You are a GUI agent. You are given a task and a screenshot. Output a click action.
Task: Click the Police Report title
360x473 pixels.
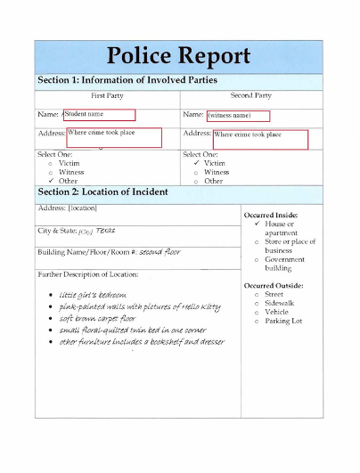[179, 56]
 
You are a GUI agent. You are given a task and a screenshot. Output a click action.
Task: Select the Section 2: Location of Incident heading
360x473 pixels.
[102, 192]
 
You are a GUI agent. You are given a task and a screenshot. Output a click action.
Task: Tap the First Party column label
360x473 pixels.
[107, 96]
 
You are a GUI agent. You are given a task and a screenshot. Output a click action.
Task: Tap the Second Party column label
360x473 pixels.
[250, 96]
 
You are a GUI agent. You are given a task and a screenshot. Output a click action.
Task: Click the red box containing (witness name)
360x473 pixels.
[238, 116]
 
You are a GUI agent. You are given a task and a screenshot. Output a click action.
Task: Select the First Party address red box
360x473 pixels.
[114, 137]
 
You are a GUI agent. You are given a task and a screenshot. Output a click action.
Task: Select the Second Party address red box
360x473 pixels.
[259, 139]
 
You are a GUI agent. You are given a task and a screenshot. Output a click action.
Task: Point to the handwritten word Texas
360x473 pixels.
[105, 230]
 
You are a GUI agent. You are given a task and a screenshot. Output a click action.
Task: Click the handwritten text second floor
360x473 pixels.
[160, 252]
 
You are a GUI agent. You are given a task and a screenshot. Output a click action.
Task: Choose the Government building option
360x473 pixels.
[283, 264]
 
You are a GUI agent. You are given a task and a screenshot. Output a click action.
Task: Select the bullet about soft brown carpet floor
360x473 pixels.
[98, 318]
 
